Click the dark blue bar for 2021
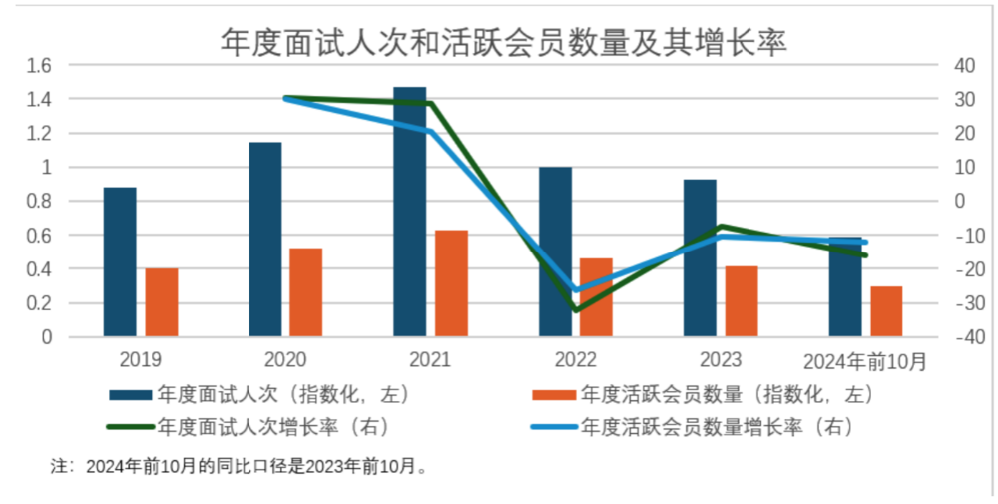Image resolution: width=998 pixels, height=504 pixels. pos(410,212)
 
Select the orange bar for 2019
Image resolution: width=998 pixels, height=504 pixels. pos(162,302)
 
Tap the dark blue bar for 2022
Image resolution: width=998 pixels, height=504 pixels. pos(556,252)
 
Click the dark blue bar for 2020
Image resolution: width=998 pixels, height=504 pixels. pos(265,240)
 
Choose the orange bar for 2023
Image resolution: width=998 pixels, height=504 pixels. pos(742,301)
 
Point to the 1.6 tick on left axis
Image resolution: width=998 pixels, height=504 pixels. pos(39,65)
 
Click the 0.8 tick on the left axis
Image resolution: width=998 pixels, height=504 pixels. pos(39,201)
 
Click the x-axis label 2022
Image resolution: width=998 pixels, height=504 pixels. pos(575,360)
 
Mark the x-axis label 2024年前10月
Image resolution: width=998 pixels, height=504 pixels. pos(865,360)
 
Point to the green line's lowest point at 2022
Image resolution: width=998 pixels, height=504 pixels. pos(576,310)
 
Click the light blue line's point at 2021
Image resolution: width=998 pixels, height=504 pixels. pos(430,131)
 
